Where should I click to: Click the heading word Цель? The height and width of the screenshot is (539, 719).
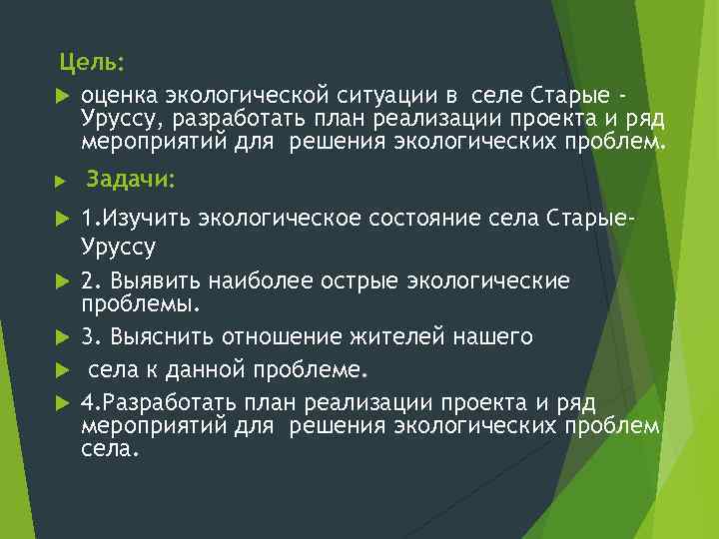click(x=92, y=63)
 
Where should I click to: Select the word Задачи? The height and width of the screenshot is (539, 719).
click(x=130, y=180)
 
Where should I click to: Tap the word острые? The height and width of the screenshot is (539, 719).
click(x=340, y=281)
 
